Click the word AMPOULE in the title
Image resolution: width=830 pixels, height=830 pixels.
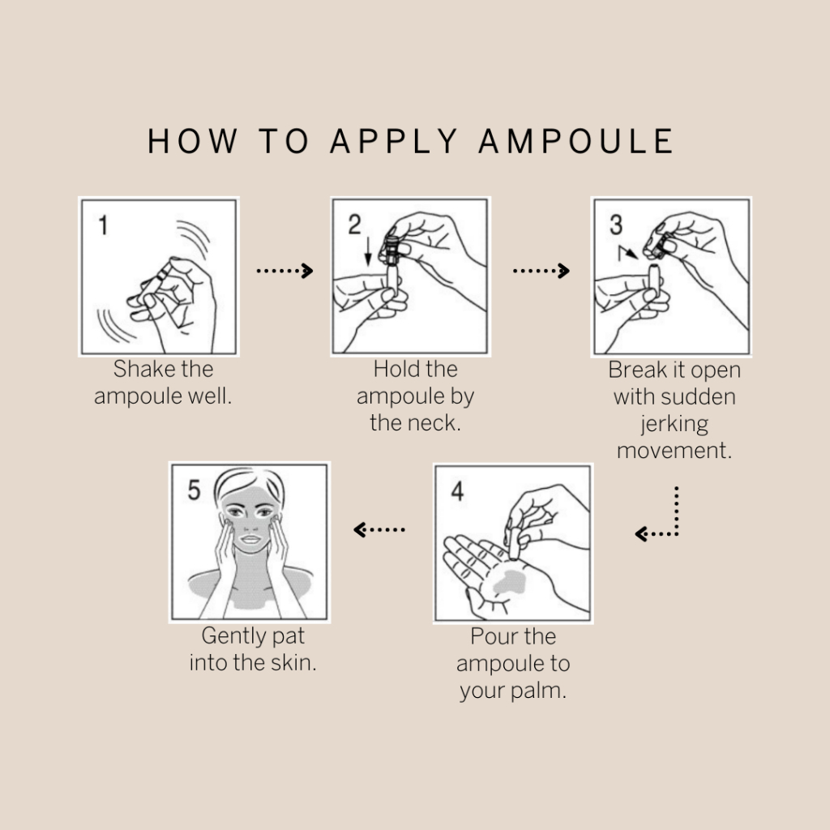[576, 141]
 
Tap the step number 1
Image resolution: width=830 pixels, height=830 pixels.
[103, 225]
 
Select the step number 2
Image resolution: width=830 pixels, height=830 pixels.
[354, 225]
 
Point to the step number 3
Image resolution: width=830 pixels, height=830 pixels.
[616, 225]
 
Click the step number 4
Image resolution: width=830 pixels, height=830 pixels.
[457, 491]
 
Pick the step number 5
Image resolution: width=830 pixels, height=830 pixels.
[195, 490]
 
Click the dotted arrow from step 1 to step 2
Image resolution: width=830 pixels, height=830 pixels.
[285, 271]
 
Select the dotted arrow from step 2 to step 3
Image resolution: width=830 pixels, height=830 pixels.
[541, 271]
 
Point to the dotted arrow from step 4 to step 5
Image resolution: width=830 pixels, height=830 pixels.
[379, 529]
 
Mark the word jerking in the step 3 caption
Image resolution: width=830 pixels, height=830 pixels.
[674, 425]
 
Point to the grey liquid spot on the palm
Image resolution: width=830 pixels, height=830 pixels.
[509, 582]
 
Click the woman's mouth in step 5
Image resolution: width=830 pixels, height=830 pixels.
[251, 540]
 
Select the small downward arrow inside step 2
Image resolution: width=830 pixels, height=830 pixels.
[368, 251]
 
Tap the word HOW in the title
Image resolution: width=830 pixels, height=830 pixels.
[192, 141]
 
